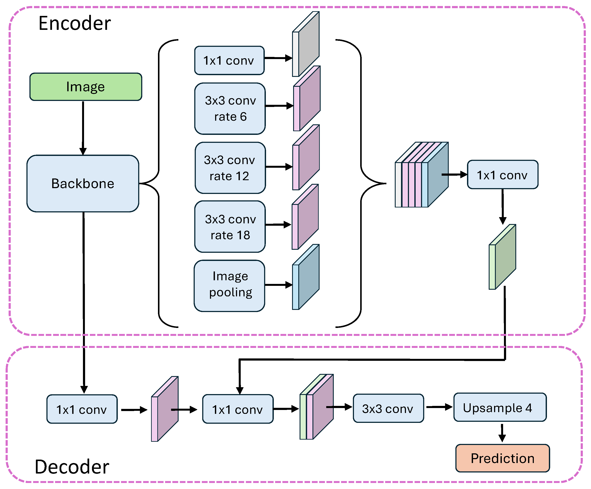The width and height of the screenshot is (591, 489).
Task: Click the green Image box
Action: pos(86,87)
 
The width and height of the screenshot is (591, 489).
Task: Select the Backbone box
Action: pos(83,183)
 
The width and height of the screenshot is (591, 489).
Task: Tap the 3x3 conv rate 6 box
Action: pos(230,108)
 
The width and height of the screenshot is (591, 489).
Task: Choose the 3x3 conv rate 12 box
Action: pos(230,168)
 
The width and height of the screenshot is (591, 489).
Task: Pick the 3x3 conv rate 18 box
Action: pos(230,227)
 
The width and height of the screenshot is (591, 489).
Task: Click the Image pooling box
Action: pos(229,286)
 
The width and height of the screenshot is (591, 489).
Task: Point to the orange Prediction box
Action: pos(502,458)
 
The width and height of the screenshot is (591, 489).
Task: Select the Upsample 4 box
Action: pos(500,407)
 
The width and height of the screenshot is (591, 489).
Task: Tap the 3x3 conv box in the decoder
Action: pos(388,408)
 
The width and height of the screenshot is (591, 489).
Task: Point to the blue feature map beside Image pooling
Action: pos(308,277)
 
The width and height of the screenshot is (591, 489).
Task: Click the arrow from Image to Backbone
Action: pos(83,128)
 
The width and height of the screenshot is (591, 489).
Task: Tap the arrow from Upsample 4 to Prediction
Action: pos(502,433)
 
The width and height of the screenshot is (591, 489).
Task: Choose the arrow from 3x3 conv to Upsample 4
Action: pos(439,407)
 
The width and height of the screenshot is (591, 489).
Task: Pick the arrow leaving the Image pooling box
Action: pos(278,285)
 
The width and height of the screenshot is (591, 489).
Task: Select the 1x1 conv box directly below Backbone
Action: pos(82,409)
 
